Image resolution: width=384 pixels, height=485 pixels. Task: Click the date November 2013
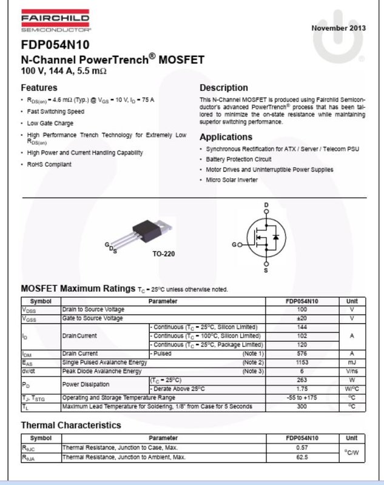(x=339, y=28)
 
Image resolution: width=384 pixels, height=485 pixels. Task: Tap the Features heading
(x=39, y=87)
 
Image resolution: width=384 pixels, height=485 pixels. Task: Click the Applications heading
(x=226, y=137)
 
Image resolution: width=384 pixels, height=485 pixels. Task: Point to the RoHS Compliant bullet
(x=49, y=164)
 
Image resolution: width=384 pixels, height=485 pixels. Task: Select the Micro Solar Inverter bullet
(x=232, y=179)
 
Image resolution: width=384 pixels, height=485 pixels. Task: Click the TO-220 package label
(x=164, y=253)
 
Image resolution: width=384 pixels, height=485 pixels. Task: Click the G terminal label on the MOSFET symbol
(x=234, y=245)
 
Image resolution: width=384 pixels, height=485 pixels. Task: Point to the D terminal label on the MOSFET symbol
(x=266, y=206)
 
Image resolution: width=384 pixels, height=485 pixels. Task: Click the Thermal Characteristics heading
(x=71, y=425)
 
